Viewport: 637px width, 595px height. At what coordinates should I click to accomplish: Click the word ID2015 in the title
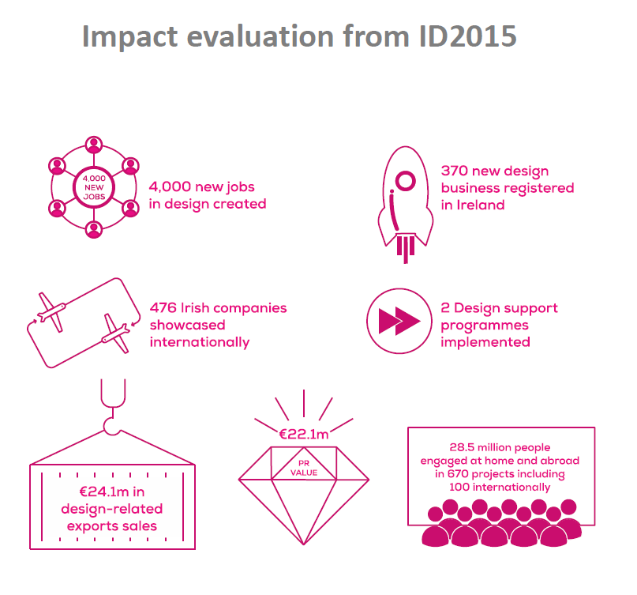467,36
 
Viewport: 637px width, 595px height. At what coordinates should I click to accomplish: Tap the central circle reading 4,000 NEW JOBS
94,187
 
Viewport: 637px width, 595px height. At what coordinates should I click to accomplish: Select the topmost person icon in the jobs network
94,145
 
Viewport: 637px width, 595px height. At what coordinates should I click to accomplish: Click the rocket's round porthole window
406,181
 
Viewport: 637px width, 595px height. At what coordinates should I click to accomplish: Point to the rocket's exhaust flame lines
406,248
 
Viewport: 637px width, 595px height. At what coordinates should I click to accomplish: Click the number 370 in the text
455,171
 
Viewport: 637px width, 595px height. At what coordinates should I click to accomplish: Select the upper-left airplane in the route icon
51,312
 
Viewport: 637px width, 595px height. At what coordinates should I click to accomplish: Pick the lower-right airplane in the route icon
116,333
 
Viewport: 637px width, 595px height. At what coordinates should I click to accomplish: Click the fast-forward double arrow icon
399,321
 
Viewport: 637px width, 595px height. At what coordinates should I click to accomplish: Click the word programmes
485,326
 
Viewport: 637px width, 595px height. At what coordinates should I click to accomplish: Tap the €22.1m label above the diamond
304,435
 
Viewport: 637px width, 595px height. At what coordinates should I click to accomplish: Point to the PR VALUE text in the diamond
304,468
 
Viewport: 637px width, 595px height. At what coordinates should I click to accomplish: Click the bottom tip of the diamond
304,544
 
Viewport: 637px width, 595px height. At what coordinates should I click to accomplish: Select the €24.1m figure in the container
99,491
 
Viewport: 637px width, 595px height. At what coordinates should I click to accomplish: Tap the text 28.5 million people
500,447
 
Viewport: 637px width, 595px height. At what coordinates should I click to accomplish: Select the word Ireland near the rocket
481,205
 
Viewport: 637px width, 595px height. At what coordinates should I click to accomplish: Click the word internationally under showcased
200,342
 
